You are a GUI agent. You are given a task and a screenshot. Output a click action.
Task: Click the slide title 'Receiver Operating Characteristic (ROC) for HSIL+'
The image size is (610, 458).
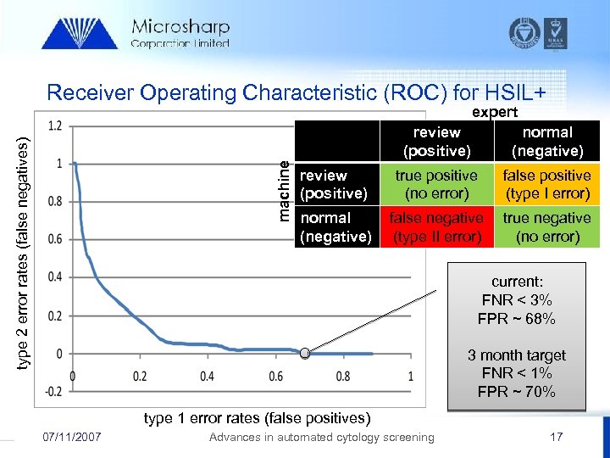coord(301,92)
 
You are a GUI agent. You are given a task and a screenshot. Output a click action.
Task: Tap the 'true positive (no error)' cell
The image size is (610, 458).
coord(436,184)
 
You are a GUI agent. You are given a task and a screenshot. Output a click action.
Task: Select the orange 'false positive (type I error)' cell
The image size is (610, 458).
coord(546,184)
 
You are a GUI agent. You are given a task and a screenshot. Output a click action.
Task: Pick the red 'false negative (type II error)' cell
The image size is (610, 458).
coord(436,226)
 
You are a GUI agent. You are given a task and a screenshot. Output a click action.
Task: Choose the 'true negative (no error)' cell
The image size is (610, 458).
coord(546,226)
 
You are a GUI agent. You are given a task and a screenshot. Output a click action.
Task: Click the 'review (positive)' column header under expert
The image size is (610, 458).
coord(436,142)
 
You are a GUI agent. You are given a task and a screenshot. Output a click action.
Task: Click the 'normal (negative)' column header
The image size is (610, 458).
coord(546,142)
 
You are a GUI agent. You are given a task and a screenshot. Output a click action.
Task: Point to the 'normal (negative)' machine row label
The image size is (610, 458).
coord(335,226)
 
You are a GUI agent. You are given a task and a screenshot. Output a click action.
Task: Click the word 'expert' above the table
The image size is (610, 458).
coord(495,111)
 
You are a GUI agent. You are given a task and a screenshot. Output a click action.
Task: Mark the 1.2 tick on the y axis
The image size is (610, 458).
coord(54,126)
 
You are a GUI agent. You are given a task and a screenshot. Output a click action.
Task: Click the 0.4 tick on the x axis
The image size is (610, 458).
coord(207,376)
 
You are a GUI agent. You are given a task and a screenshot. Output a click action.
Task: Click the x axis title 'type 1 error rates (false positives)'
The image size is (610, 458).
coord(258,417)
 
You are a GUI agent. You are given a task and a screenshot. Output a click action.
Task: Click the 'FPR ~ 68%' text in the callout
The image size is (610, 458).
coord(517,319)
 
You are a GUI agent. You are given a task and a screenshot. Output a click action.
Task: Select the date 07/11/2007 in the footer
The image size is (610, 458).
coord(72,437)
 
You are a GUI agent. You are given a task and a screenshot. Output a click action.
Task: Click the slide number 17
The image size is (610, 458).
coord(556,437)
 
